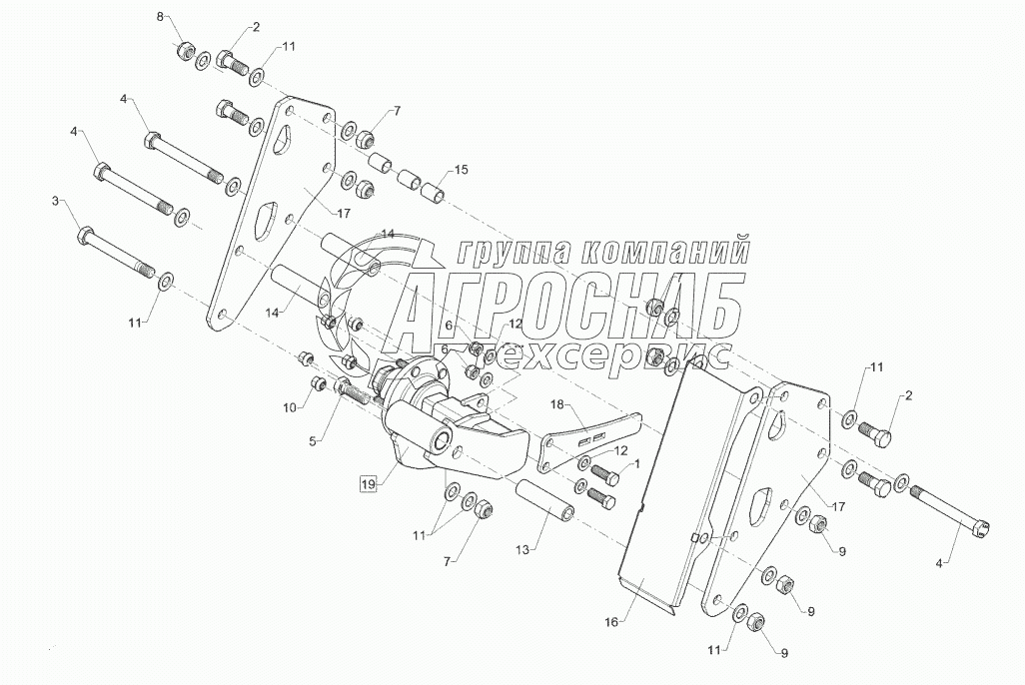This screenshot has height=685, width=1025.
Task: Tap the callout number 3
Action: [x=56, y=203]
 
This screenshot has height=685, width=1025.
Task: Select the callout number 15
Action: [x=461, y=170]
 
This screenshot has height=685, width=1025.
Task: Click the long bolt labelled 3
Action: [x=115, y=253]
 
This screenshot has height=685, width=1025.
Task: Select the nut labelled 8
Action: [x=185, y=51]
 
